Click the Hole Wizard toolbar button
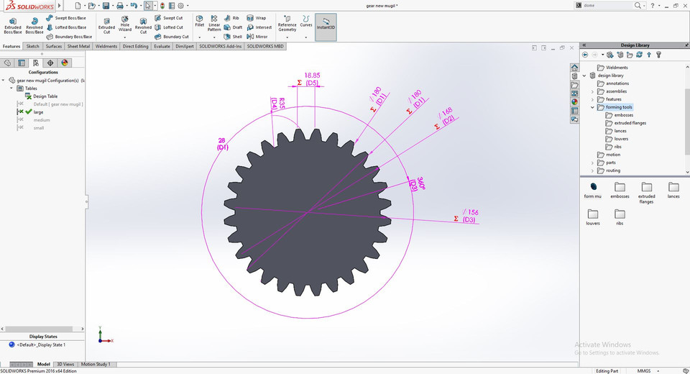125,24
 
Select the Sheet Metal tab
79,46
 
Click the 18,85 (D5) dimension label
312,78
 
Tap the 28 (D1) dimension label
222,144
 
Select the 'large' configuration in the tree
38,112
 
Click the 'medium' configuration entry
42,120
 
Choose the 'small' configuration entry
39,128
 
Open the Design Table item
45,96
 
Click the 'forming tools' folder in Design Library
618,107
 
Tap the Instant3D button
326,26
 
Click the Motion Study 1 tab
96,365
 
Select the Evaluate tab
162,46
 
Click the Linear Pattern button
214,24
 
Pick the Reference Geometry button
287,24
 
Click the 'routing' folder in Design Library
612,170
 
